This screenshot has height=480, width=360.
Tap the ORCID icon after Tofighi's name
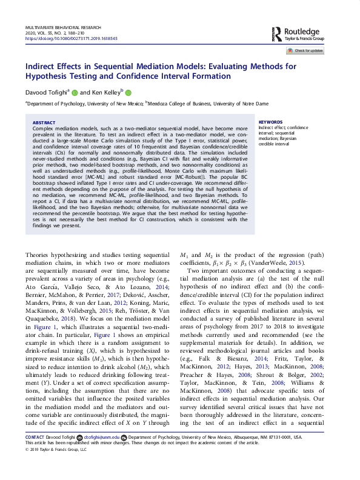click(75, 93)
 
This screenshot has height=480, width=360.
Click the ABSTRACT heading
click(43, 122)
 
